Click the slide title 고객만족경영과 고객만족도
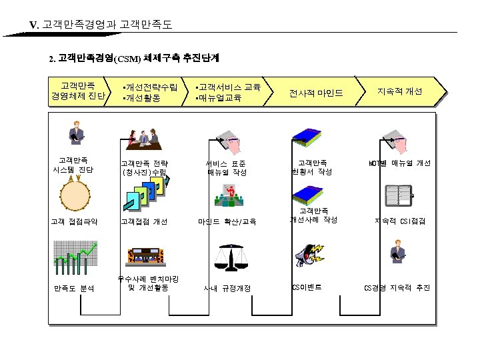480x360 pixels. click(107, 25)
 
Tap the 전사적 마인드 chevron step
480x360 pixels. click(315, 93)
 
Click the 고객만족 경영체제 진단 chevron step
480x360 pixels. click(77, 91)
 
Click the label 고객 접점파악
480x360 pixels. click(75, 221)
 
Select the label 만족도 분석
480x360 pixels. click(74, 288)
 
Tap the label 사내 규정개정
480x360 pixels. click(227, 288)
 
